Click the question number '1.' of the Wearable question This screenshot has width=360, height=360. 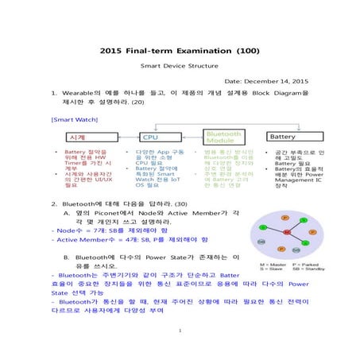pyautogui.click(x=54, y=92)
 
